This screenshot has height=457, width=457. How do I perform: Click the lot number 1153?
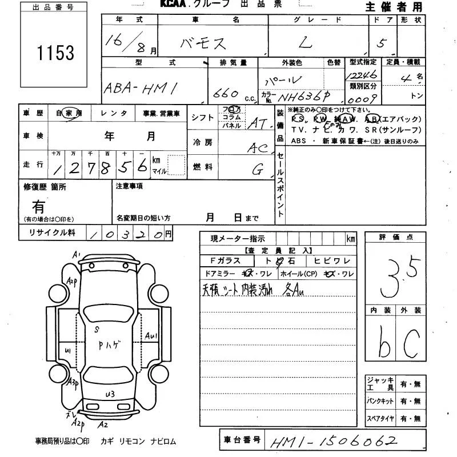pos(55,53)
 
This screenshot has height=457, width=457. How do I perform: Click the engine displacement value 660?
pos(225,94)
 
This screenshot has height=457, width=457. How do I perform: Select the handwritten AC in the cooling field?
pos(258,148)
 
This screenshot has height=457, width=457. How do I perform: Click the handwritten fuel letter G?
pos(258,169)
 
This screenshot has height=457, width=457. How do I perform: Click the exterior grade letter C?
pos(411,340)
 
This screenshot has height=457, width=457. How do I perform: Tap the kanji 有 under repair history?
pos(38,206)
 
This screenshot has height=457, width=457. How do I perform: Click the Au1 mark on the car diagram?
pos(151,336)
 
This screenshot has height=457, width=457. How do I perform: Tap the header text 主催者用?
pos(394,7)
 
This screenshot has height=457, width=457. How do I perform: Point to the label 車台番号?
pos(241,440)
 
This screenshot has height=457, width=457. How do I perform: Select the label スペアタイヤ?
pos(380,418)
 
